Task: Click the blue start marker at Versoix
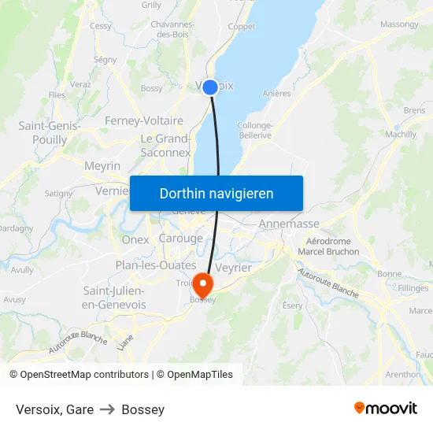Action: coord(210,87)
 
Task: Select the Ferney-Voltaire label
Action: coord(144,121)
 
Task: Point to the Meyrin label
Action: coord(102,166)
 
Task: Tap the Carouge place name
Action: coord(180,239)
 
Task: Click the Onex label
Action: coord(135,239)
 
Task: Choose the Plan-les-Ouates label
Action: coord(156,265)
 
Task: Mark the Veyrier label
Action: coord(233,268)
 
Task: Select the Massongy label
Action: coord(399,24)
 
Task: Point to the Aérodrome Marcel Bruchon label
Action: coord(328,246)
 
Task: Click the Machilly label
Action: coord(402,135)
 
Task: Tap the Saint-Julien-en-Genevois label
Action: coord(114,298)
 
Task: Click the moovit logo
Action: coord(386,408)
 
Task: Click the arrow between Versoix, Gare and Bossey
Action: coord(106,409)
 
